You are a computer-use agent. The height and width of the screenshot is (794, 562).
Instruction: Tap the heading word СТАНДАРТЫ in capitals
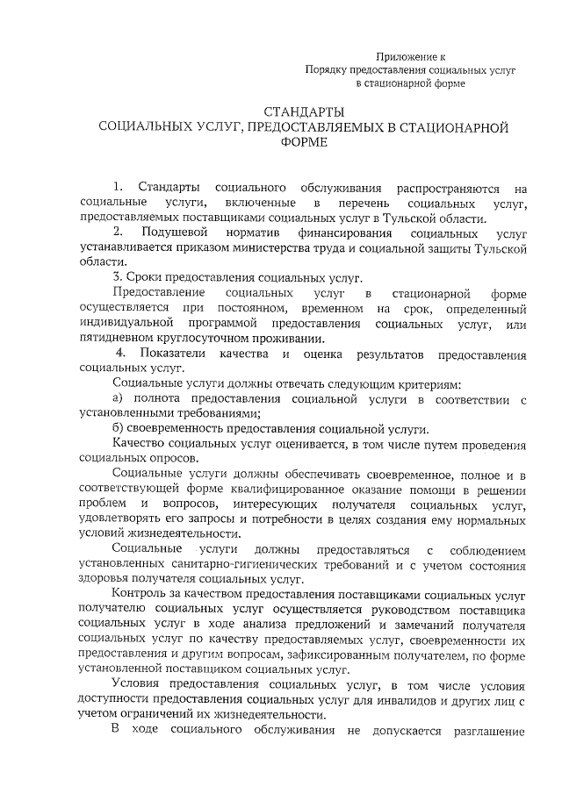[304, 111]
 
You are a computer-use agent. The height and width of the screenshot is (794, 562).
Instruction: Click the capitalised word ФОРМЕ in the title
[304, 144]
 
